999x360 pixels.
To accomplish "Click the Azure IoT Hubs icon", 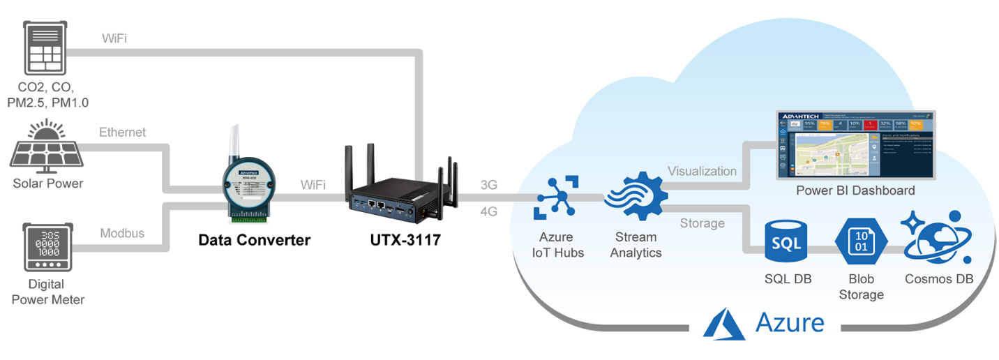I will point(555,197).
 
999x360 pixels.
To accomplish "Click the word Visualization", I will point(702,171).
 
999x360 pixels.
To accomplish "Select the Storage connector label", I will point(702,223).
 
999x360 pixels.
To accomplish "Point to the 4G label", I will point(488,211).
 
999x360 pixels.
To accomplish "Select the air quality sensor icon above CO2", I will point(47,47).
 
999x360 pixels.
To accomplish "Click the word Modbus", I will point(122,233).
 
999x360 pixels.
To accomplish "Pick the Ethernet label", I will point(123,132).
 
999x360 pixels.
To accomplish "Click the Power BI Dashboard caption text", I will point(855,190).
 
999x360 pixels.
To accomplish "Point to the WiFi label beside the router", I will point(313,185).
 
